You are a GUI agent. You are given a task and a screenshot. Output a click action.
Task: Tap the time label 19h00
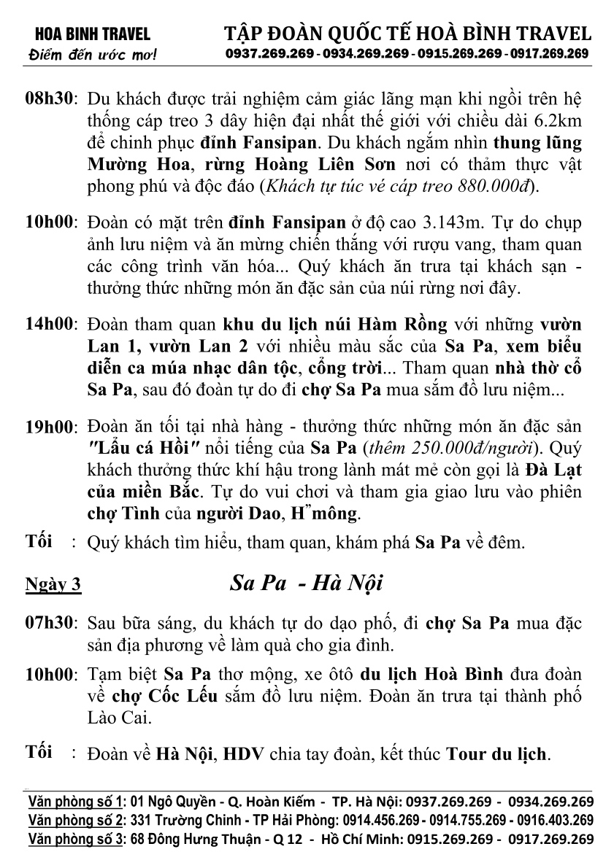50,426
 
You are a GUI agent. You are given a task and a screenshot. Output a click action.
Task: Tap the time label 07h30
50,624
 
